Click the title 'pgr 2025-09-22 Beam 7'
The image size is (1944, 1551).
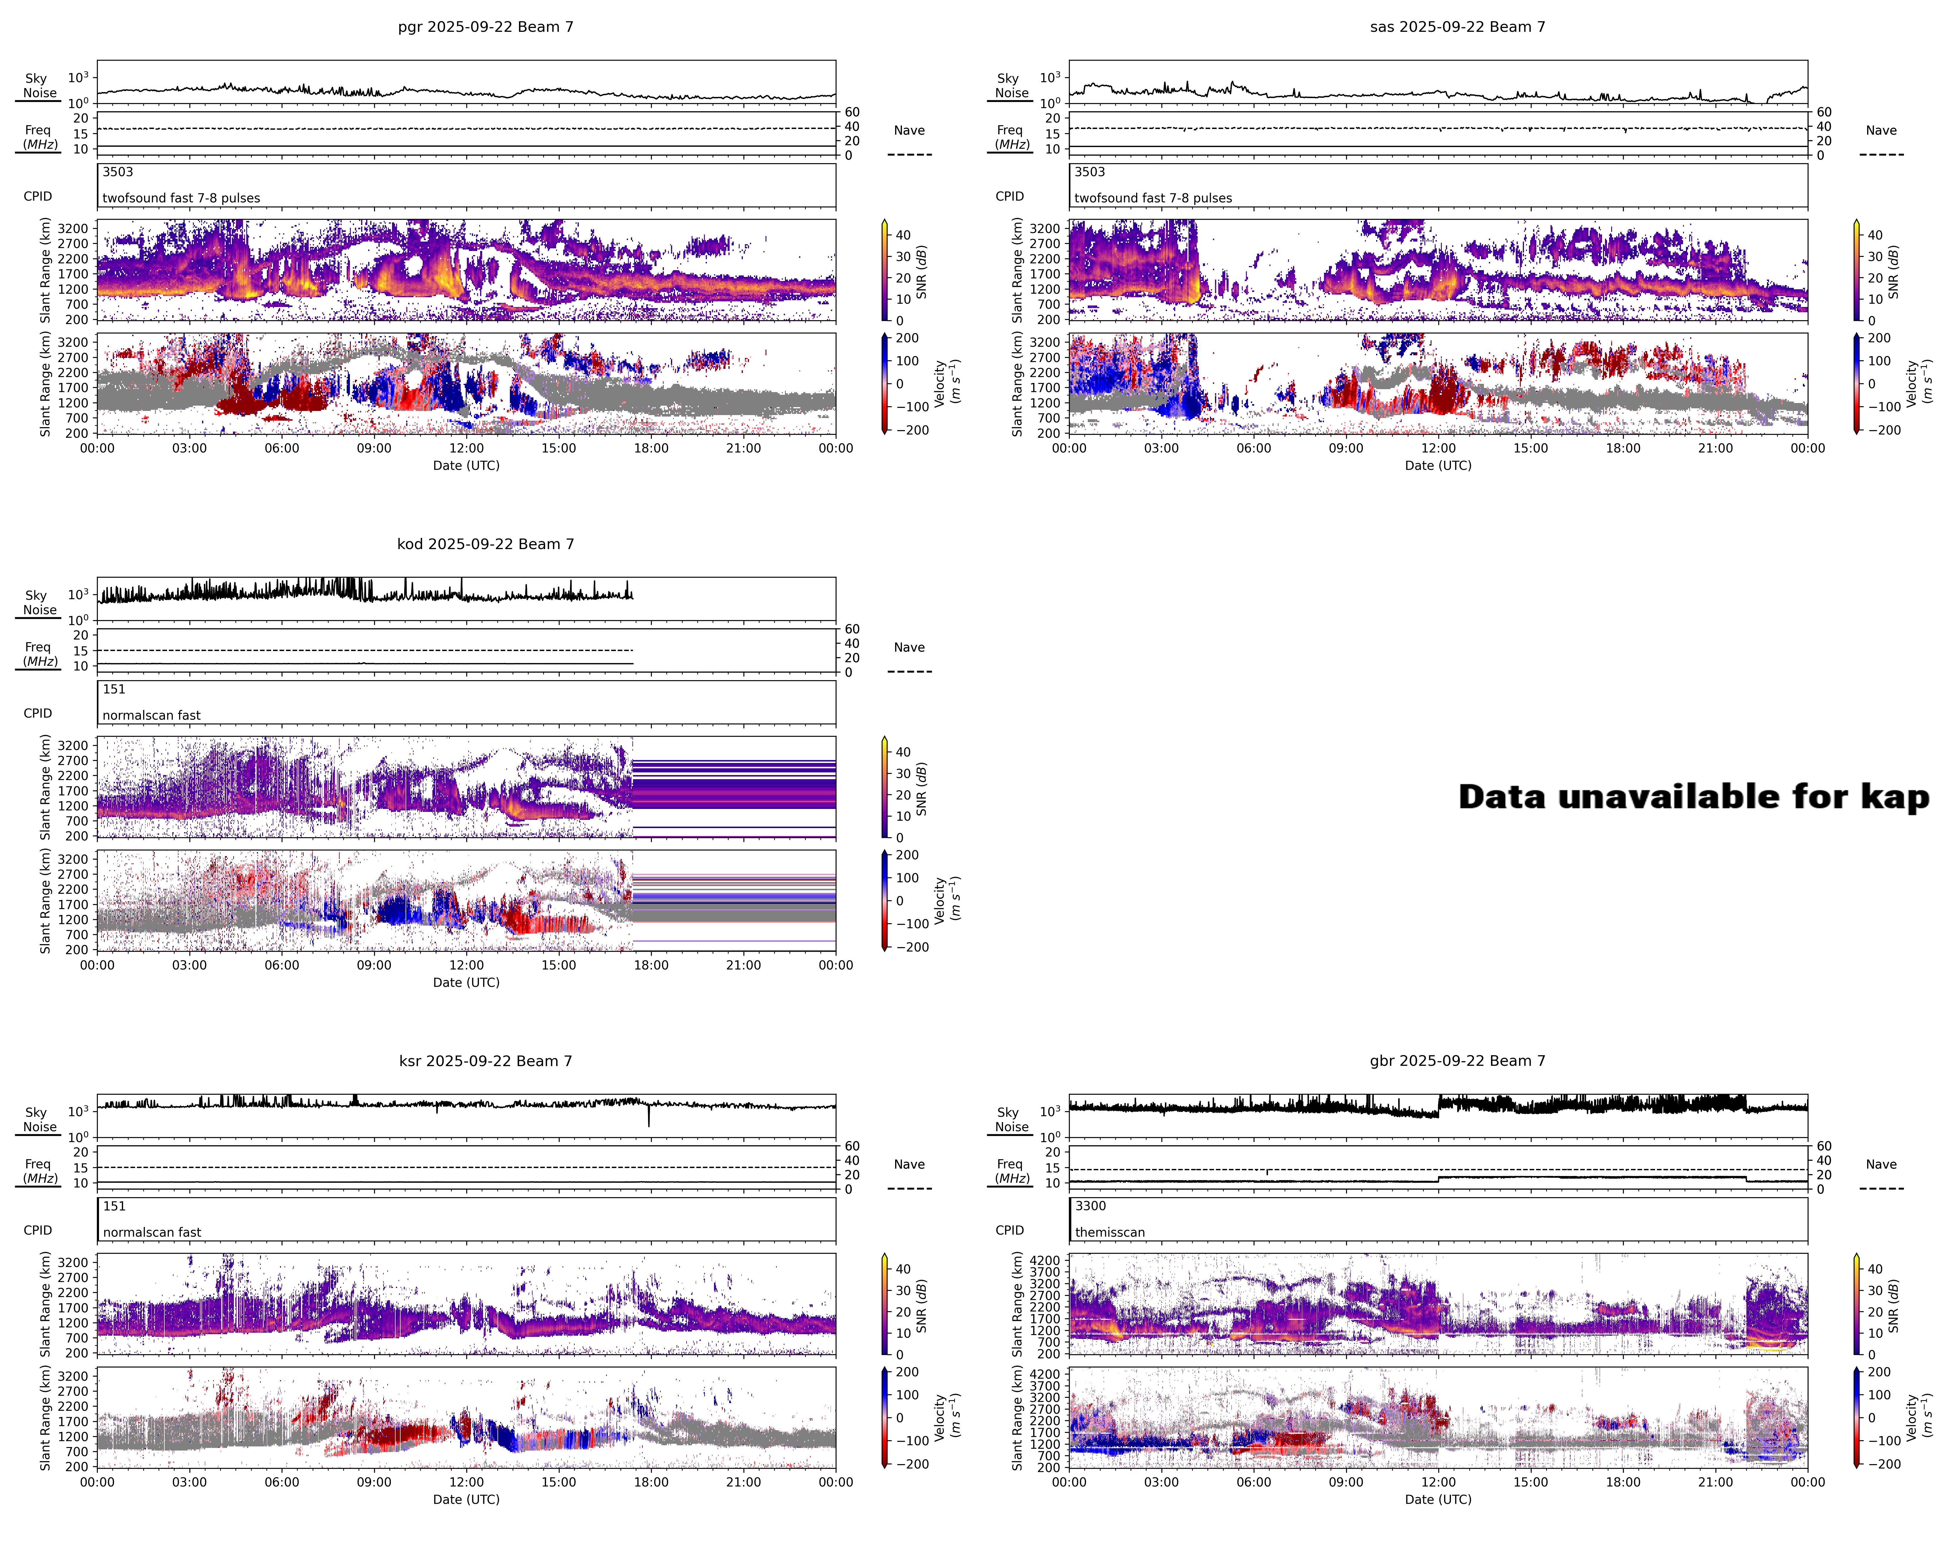coord(485,27)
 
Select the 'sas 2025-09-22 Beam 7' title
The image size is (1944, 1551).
coord(1457,27)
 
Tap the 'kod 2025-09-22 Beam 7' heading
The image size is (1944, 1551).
coord(485,544)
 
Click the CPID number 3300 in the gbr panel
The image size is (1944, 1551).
coord(1090,1206)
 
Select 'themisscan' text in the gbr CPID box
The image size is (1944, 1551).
coord(1109,1232)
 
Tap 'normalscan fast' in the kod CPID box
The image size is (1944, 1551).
coord(151,715)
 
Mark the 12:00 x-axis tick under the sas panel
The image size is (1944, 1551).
coord(1438,448)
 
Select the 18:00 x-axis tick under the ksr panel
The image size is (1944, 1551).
coord(651,1481)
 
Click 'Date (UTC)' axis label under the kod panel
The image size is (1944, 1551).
coord(466,982)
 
